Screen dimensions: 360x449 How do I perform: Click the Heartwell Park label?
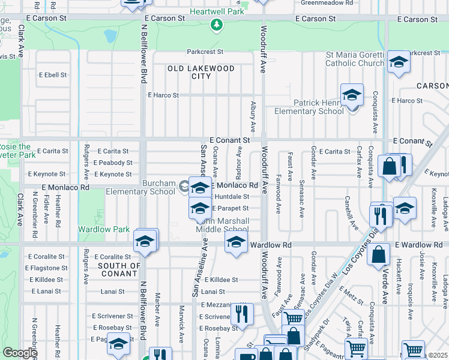217,11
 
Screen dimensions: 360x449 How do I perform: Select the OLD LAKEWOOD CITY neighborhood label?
200,73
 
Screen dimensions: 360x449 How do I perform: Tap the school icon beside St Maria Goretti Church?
398,62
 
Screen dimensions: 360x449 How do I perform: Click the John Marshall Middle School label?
223,226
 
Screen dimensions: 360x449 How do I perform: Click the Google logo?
20,353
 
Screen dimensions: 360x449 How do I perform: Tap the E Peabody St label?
113,163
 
